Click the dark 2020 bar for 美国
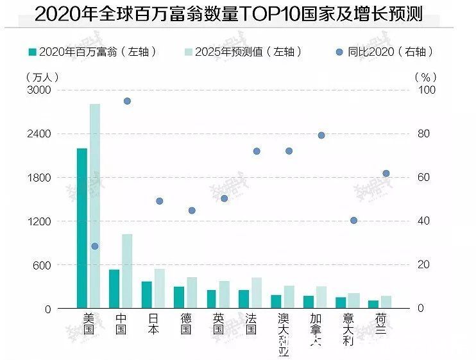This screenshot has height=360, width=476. tap(82, 228)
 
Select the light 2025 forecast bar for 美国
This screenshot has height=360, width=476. tap(95, 205)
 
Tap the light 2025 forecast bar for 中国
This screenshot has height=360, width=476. tap(127, 271)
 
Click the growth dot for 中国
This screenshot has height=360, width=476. tap(127, 101)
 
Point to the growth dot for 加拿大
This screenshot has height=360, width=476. tap(321, 135)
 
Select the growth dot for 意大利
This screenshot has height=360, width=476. tap(353, 221)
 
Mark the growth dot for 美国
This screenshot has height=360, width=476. tap(95, 246)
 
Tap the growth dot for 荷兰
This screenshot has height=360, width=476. tap(386, 173)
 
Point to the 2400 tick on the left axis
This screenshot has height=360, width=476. tap(38, 134)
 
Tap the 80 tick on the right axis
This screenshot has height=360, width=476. tap(427, 134)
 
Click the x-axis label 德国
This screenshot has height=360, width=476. tap(186, 324)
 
